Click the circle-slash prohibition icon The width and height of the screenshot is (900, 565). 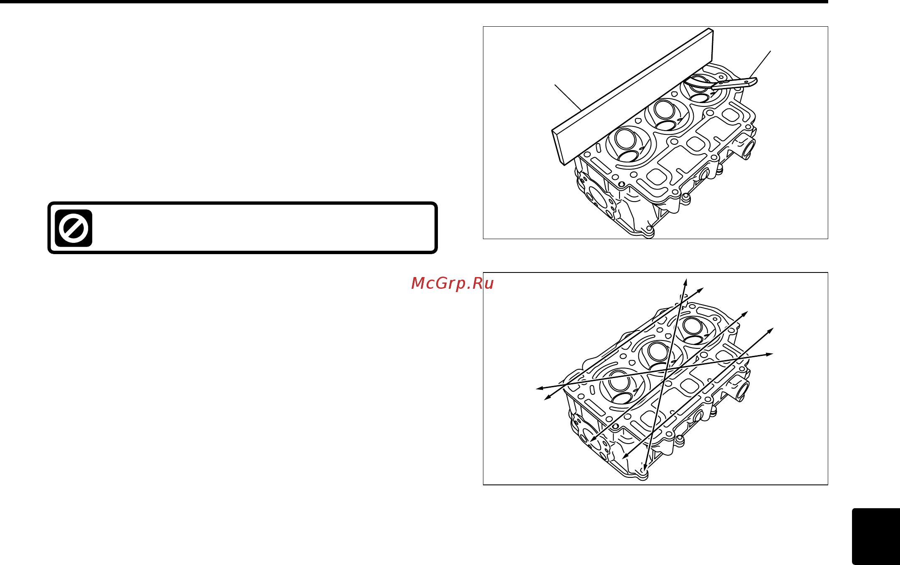tap(73, 228)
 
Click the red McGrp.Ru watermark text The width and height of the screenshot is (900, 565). tap(452, 283)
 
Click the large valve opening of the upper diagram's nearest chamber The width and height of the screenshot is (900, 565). tap(625, 139)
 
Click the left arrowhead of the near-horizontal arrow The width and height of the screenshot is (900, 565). tap(539, 388)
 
